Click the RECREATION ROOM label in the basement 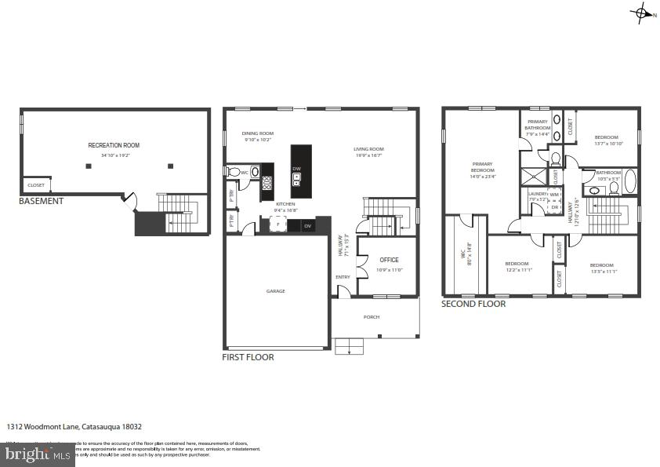click(114, 145)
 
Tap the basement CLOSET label click(36, 185)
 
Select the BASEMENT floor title click(41, 201)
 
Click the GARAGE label click(275, 291)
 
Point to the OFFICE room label click(389, 260)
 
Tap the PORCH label click(371, 317)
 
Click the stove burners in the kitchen click(267, 184)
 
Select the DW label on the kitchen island click(296, 169)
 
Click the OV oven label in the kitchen click(307, 226)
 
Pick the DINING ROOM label click(257, 133)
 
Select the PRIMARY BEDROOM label click(482, 166)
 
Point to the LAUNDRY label click(538, 193)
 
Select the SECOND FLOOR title click(473, 304)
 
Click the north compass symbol click(641, 13)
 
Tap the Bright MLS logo click(37, 453)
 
